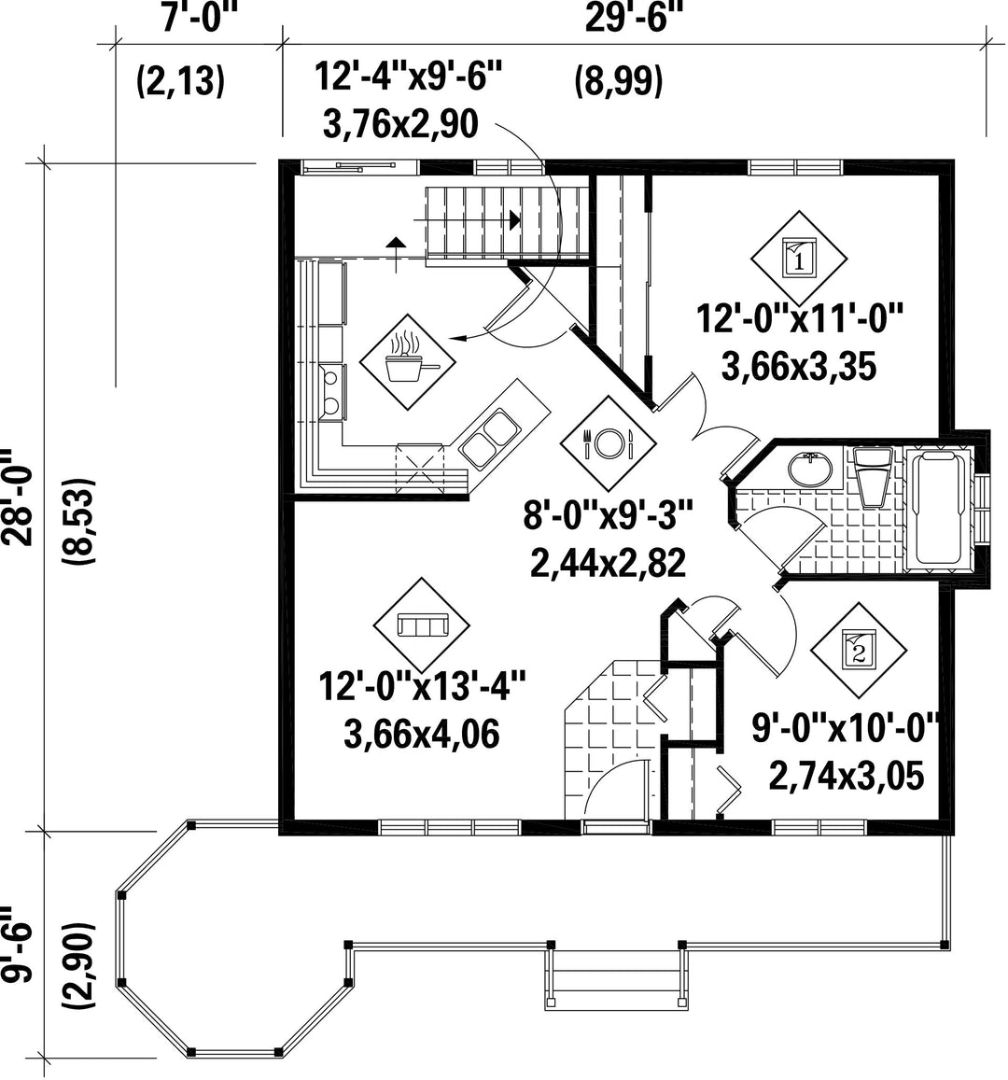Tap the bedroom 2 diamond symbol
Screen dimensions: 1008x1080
tap(858, 651)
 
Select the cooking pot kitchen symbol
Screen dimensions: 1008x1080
tap(409, 362)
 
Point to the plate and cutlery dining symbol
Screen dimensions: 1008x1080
tap(608, 442)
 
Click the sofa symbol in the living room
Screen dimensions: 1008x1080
tap(421, 625)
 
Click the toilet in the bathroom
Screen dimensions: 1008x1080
tap(873, 475)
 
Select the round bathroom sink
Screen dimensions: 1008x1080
tap(810, 470)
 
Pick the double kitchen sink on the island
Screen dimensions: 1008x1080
tap(489, 438)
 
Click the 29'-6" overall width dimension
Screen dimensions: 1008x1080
tap(627, 19)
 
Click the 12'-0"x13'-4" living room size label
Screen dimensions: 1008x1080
tap(422, 687)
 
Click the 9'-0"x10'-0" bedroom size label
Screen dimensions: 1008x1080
tap(847, 728)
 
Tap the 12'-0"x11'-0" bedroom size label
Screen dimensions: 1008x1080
tap(799, 319)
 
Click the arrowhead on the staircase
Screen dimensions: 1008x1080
tap(514, 219)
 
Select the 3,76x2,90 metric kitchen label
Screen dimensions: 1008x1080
tap(400, 124)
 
